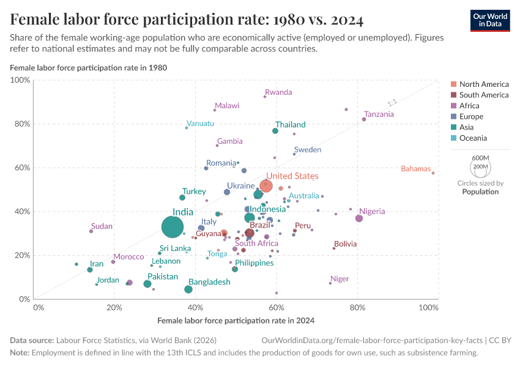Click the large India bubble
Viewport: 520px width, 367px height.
pos(173,227)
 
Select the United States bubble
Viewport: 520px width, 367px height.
pos(266,186)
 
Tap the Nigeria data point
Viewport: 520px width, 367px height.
pos(359,218)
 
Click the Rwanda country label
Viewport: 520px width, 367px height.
pos(278,92)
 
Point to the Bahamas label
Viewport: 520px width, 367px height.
pos(416,169)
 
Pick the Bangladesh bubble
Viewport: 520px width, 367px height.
pos(188,289)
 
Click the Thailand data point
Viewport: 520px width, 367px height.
pos(275,131)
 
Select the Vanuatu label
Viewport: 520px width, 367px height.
pos(201,124)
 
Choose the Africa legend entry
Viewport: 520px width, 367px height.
pos(469,106)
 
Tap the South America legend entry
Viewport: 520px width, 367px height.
pos(483,95)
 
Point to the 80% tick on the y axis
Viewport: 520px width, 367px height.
pos(23,124)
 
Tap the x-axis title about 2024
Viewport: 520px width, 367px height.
pos(236,320)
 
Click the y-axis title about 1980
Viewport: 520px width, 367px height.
pos(89,67)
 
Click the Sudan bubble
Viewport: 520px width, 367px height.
pos(91,231)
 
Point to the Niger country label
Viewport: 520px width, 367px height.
pos(340,279)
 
